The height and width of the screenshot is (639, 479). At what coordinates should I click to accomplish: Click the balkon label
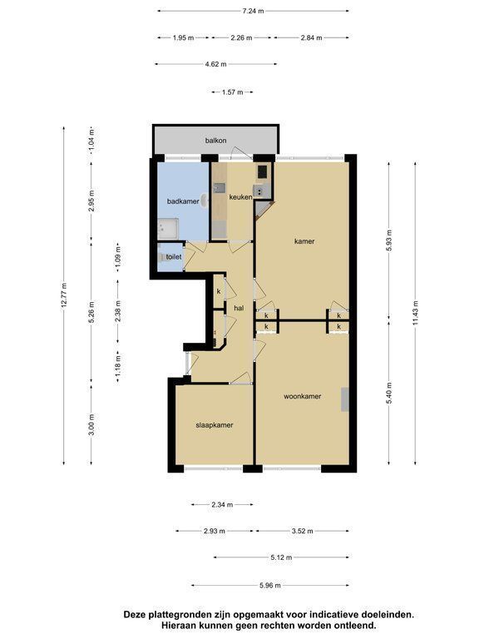click(215, 141)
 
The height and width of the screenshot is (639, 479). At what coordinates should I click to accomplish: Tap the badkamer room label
click(183, 201)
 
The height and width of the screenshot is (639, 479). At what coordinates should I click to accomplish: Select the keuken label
click(240, 197)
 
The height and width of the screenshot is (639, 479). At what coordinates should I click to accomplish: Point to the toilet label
click(174, 257)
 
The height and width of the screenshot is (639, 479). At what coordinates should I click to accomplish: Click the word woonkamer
click(302, 396)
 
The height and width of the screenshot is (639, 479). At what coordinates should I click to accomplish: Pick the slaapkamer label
click(215, 425)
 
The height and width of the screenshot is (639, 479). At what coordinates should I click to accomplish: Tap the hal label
click(239, 308)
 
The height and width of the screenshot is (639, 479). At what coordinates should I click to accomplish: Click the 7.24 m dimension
click(253, 11)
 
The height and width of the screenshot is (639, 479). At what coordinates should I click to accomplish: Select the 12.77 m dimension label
click(64, 295)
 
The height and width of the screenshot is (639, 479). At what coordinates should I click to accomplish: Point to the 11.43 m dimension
click(415, 314)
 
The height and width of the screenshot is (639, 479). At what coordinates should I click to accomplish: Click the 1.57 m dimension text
click(232, 92)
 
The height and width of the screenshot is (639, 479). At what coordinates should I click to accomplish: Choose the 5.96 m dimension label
click(270, 586)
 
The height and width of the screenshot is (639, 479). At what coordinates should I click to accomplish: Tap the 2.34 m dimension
click(222, 504)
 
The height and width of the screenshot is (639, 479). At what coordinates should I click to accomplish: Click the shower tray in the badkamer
click(168, 229)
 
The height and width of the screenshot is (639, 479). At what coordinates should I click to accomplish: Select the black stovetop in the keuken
click(261, 171)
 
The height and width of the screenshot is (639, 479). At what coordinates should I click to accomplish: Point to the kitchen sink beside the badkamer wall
click(220, 188)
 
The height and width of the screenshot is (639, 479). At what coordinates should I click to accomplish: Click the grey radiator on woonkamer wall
click(345, 399)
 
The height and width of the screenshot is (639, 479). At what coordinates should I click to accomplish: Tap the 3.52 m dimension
click(302, 531)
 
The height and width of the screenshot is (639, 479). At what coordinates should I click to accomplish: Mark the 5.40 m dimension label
click(389, 394)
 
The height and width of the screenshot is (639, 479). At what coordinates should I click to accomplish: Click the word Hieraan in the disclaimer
click(178, 625)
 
